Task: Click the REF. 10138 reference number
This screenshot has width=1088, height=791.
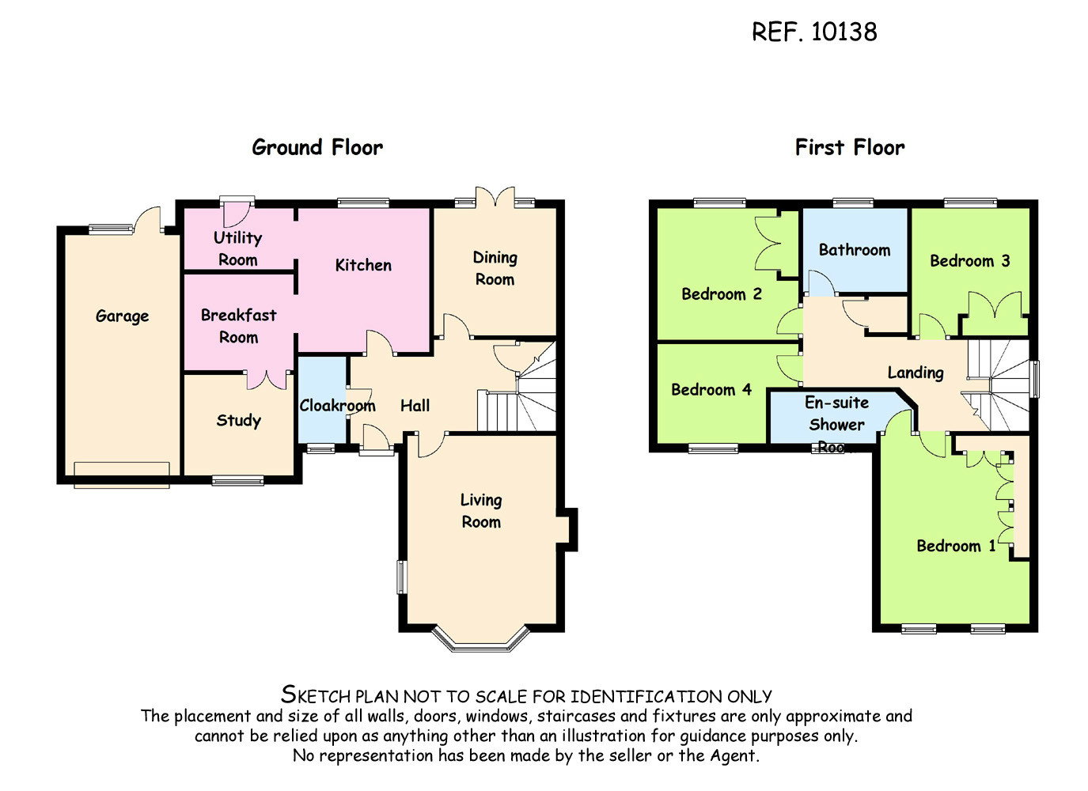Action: click(x=813, y=32)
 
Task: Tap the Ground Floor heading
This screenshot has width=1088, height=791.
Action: click(x=317, y=147)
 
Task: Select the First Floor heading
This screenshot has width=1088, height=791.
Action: click(x=849, y=147)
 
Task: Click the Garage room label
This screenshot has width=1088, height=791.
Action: click(x=122, y=316)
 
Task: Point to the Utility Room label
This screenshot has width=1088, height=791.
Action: click(x=237, y=248)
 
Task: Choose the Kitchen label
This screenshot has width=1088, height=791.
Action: click(x=363, y=265)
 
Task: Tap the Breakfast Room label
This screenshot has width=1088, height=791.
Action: click(x=238, y=326)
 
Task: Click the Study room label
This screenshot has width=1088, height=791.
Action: click(x=238, y=420)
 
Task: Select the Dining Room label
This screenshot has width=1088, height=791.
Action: click(x=495, y=268)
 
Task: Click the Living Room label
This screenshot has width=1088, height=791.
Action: click(x=481, y=511)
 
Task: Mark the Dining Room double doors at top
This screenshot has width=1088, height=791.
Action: click(x=495, y=196)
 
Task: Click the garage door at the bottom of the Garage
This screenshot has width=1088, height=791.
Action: click(x=122, y=474)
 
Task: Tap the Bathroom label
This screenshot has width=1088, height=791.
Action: click(x=855, y=250)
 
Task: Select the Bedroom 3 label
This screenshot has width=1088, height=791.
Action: click(x=969, y=261)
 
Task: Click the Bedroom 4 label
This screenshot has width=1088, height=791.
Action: click(x=711, y=389)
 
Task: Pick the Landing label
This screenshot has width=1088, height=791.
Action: click(x=916, y=373)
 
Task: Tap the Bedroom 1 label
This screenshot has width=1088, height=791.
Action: click(x=956, y=546)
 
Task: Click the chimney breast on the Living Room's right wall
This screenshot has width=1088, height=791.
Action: click(x=570, y=528)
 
